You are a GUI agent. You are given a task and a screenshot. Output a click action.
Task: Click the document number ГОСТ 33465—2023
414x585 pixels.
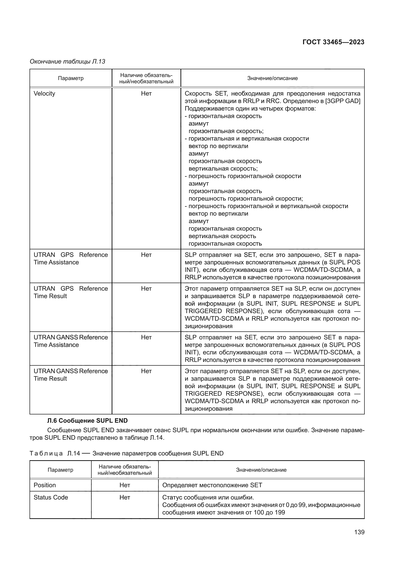point(333,42)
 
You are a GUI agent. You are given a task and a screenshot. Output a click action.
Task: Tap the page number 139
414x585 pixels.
point(359,532)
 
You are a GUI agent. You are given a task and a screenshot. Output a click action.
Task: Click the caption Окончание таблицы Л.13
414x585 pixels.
point(67,62)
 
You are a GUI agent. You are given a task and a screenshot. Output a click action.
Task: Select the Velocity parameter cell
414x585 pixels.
point(44,94)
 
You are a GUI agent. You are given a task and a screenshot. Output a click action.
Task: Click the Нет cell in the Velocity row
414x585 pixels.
point(146,94)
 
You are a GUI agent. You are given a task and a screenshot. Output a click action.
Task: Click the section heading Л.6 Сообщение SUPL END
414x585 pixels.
point(87,420)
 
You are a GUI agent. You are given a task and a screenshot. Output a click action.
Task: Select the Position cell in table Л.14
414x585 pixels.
point(45,485)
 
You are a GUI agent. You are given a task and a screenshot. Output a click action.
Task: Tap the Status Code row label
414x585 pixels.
point(51,497)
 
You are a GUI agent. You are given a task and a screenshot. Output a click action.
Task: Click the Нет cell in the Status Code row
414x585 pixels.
point(125,497)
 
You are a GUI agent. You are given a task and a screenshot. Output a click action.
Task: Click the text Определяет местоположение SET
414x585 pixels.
point(212,485)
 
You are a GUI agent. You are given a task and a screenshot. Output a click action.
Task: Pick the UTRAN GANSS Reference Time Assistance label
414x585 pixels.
point(71,341)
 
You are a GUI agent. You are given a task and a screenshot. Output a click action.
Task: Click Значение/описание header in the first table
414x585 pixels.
point(272,78)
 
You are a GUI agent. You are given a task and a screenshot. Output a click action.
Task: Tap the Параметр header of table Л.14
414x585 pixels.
point(60,470)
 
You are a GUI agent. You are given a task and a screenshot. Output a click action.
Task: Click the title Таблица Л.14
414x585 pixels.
point(126,453)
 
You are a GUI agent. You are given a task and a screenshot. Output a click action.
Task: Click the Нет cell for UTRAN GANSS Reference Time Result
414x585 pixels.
point(146,371)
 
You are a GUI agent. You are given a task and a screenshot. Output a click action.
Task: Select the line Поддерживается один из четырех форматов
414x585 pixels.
point(250,109)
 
